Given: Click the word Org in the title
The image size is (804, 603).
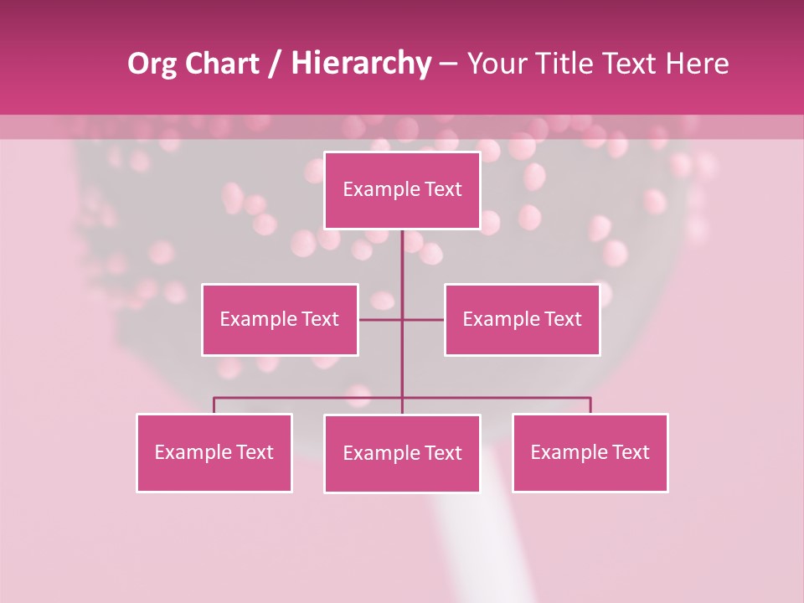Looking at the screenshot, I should tap(152, 64).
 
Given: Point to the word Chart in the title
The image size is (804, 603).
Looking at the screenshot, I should tap(221, 64).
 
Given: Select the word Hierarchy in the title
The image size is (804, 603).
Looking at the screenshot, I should tap(361, 64).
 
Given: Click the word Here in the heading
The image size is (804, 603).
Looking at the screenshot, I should tap(698, 64).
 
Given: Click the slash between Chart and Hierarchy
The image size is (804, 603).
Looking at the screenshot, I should tap(276, 64).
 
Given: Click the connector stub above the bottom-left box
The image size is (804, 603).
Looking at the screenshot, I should tap(214, 405).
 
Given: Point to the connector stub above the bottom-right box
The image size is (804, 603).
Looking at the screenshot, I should tap(590, 405).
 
